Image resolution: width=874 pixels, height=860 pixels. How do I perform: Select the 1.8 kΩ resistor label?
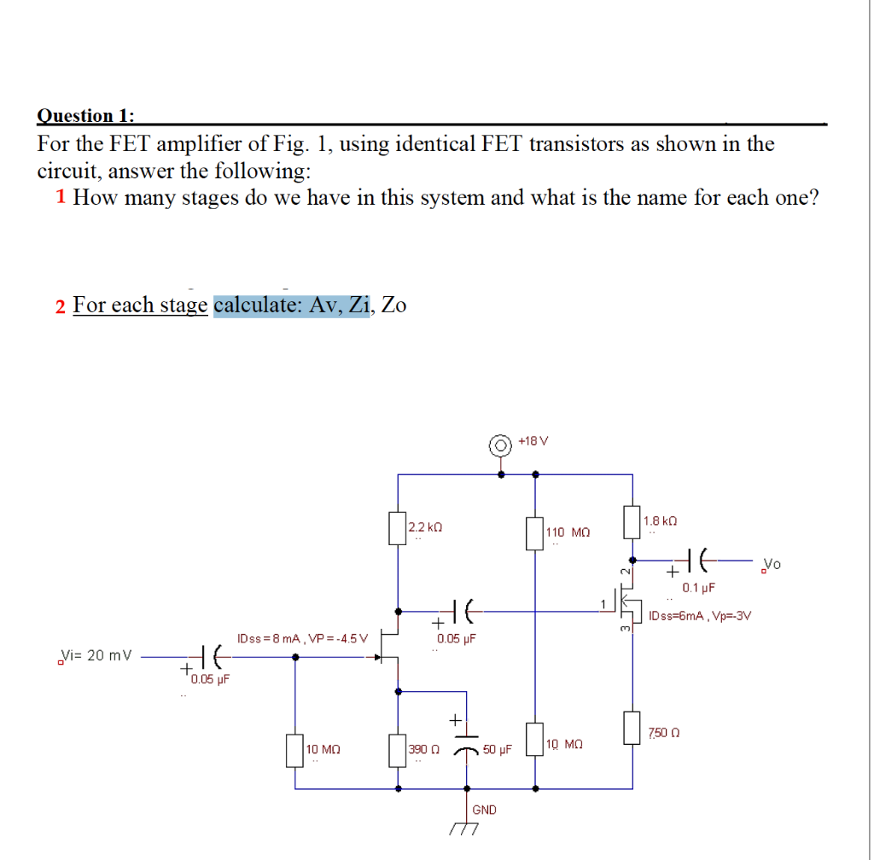tap(660, 520)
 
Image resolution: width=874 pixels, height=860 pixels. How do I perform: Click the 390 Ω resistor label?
tap(424, 749)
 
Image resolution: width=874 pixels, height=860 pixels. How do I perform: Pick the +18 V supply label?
tap(533, 441)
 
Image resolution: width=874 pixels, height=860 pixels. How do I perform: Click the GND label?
tap(484, 809)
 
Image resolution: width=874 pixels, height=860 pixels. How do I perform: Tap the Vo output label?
tap(772, 564)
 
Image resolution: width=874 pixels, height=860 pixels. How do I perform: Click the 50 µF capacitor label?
tap(497, 749)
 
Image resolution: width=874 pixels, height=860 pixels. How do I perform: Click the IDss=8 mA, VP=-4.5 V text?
tap(302, 637)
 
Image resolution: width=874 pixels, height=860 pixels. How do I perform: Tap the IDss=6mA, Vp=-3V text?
tap(700, 615)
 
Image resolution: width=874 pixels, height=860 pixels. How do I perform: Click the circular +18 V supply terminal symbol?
tap(498, 444)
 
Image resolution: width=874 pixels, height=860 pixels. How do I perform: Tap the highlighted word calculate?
tap(258, 305)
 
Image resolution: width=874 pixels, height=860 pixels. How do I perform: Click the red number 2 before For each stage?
tap(61, 306)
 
